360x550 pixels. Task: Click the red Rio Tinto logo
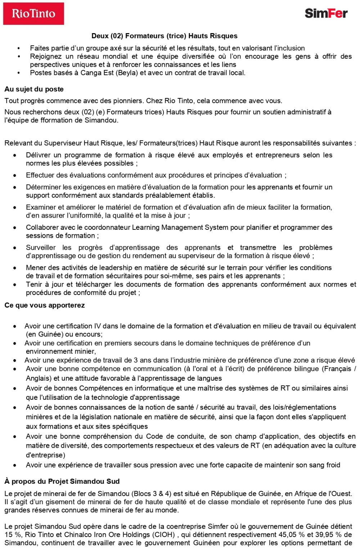click(33, 14)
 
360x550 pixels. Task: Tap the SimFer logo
click(326, 13)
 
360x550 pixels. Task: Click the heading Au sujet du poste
click(34, 89)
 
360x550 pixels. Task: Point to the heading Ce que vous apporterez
click(45, 305)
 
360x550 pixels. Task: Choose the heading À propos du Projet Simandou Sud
click(62, 481)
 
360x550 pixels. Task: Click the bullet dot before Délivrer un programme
click(15, 155)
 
